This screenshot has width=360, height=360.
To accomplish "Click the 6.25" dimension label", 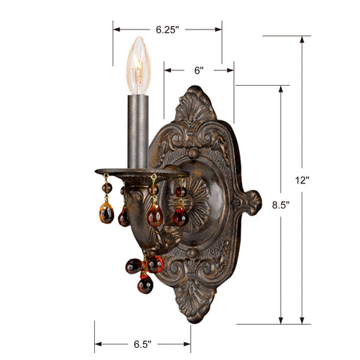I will (167, 30).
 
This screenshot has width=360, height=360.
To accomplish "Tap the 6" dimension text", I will (198, 70).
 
